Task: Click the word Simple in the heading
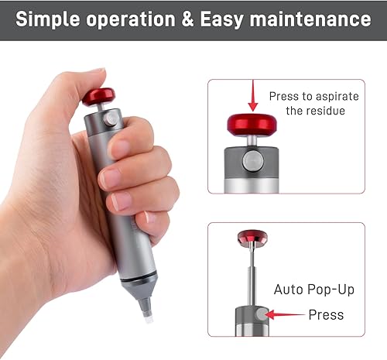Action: coord(48,19)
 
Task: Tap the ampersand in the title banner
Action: coord(187,19)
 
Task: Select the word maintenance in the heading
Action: coord(310,19)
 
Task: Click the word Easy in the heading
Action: coord(222,20)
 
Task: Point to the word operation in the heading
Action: coord(131,20)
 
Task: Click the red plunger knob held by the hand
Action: coord(99,96)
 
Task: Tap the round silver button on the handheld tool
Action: coord(111,118)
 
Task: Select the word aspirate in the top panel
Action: coord(337,97)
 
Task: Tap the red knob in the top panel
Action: coord(252,125)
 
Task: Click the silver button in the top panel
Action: coord(252,162)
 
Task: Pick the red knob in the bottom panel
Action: coord(252,237)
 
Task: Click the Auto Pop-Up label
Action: coord(314,290)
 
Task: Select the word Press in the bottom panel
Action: coord(326,315)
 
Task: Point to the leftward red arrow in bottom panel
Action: coord(285,314)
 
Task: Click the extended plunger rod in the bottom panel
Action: coord(252,276)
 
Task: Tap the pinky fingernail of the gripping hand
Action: coord(149,217)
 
